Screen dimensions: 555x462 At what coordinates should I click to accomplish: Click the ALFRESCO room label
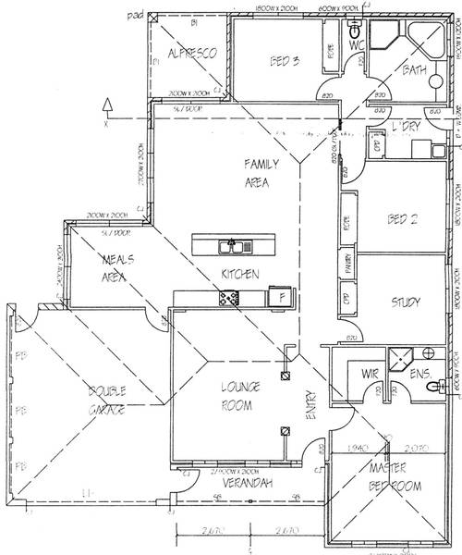192,55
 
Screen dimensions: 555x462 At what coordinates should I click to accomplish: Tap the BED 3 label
284,63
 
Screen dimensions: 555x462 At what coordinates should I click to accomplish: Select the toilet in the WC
355,36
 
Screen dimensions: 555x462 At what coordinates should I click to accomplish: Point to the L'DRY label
406,126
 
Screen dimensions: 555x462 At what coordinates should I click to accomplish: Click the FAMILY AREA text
256,173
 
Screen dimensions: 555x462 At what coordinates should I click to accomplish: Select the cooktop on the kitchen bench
228,297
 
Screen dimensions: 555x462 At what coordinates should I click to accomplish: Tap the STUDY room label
406,302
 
